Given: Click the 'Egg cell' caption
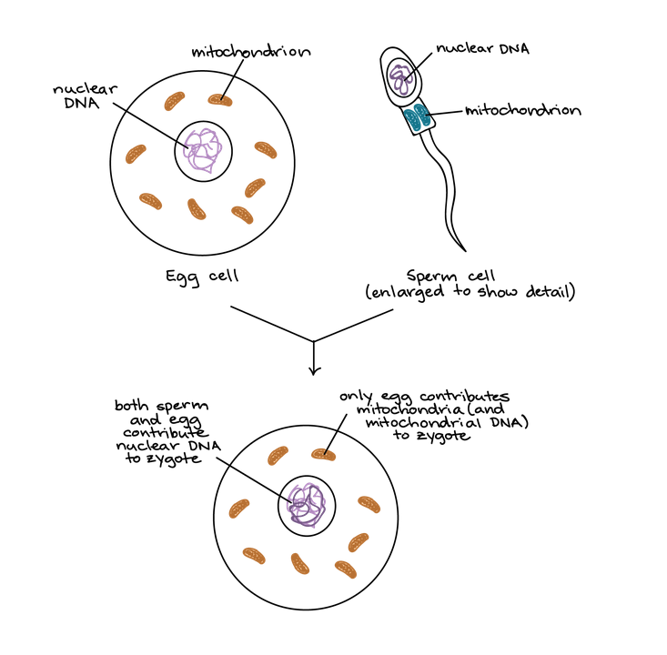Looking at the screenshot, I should pyautogui.click(x=201, y=276).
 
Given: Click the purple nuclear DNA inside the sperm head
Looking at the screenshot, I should pyautogui.click(x=403, y=76).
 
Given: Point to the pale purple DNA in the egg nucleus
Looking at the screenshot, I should pyautogui.click(x=202, y=151).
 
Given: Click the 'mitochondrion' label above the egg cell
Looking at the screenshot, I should pyautogui.click(x=251, y=51).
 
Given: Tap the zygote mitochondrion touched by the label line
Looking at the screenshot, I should pyautogui.click(x=324, y=452).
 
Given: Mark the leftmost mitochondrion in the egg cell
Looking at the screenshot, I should pyautogui.click(x=136, y=153).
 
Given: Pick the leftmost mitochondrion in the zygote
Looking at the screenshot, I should pyautogui.click(x=239, y=508).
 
